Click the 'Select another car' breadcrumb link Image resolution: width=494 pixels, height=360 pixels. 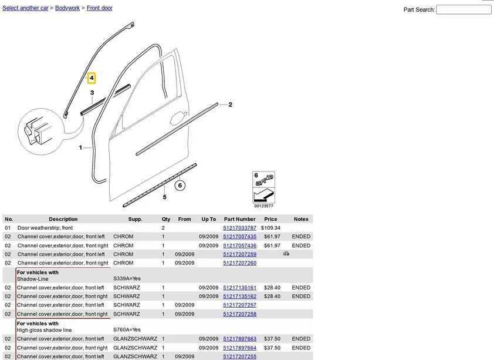(25, 8)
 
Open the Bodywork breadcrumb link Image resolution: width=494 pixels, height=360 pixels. (67, 8)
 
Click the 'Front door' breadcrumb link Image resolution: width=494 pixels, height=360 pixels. (100, 8)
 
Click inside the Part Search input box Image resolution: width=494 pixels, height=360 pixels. (463, 10)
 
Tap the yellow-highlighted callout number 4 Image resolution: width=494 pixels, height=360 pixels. (92, 78)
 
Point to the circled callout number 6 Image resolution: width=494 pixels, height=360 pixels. (180, 186)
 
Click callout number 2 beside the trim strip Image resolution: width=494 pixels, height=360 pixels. (231, 105)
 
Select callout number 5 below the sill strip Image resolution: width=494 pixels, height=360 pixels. (164, 197)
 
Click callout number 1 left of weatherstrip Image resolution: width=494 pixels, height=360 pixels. (80, 147)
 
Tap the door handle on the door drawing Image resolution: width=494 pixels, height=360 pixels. (178, 117)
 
